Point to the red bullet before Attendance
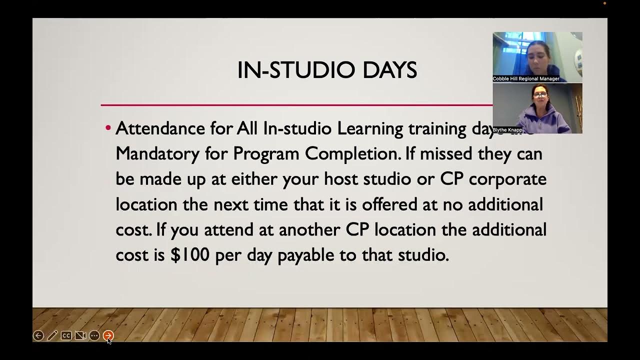click(x=107, y=128)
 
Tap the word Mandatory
click(x=157, y=154)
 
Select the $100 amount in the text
click(x=190, y=255)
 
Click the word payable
click(x=305, y=255)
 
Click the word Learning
click(x=370, y=129)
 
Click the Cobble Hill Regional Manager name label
click(x=526, y=79)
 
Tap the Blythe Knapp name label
click(x=507, y=130)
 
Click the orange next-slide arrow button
click(x=108, y=335)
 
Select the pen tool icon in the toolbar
click(x=52, y=335)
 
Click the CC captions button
click(x=66, y=335)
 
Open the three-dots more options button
click(x=94, y=335)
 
